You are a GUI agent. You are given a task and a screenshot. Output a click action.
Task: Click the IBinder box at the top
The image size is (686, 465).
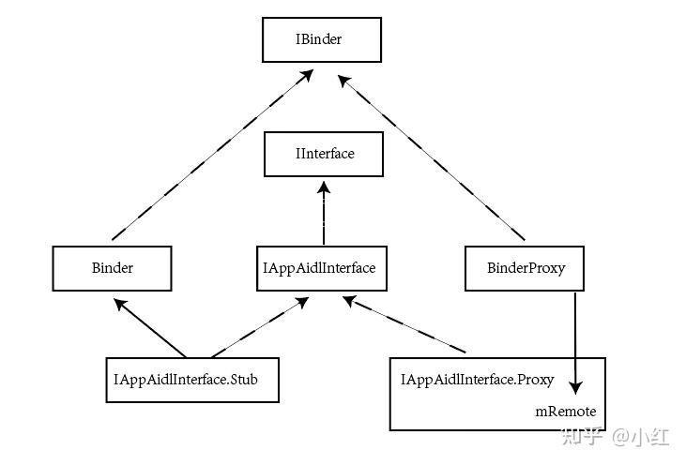click(x=322, y=41)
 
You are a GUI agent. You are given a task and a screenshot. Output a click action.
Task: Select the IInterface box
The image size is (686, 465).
click(x=323, y=154)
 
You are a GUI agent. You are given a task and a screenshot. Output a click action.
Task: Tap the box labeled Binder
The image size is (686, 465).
click(x=112, y=268)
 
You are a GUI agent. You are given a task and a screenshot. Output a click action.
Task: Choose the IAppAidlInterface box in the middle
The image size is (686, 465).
click(x=320, y=268)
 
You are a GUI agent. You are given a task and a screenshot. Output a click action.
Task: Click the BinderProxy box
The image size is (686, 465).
click(x=526, y=268)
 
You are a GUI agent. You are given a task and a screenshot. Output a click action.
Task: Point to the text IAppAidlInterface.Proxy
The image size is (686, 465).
click(x=477, y=380)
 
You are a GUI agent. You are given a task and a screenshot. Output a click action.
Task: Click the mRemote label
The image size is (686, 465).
click(x=566, y=412)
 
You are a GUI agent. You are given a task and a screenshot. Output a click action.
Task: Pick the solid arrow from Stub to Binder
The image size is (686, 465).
click(x=150, y=328)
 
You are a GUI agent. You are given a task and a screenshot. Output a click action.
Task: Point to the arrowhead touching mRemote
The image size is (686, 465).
click(x=575, y=385)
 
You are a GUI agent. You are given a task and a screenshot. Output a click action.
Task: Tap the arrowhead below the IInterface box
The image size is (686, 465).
click(x=323, y=187)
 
